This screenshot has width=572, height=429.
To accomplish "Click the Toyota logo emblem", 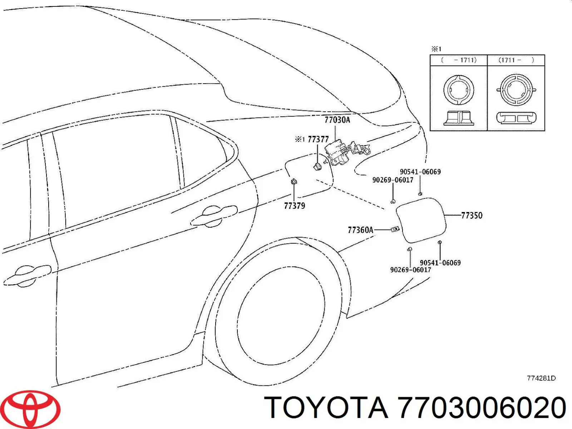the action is click(x=30, y=409).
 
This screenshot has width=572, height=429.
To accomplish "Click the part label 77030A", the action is click(x=337, y=120).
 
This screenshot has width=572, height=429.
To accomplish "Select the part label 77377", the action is click(x=318, y=139).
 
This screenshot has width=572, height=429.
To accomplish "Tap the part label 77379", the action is click(x=295, y=206).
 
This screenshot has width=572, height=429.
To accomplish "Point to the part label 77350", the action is click(x=472, y=216).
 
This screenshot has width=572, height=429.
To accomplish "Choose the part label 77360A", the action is click(x=361, y=230).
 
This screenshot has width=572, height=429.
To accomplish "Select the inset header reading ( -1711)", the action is click(x=459, y=60).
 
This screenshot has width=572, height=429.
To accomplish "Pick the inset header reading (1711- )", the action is click(x=516, y=60).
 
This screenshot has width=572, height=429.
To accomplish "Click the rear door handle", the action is click(x=214, y=217).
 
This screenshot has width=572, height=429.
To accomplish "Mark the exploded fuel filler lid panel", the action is click(x=421, y=220).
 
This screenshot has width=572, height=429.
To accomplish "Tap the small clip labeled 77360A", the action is click(x=395, y=229).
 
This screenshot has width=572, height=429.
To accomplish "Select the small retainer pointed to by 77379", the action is click(x=294, y=181).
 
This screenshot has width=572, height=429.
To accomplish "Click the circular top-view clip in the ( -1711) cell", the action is click(x=459, y=89).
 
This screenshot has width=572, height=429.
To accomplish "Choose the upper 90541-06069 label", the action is click(x=420, y=172).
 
